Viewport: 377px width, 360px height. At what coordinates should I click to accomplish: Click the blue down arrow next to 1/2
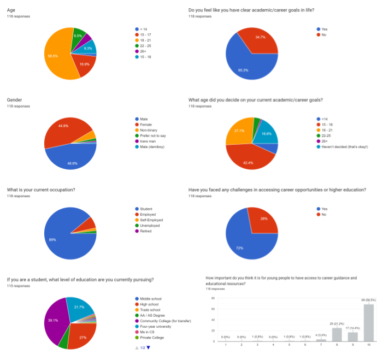click(148, 348)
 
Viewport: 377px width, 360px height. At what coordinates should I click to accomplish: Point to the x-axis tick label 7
click(321, 345)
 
